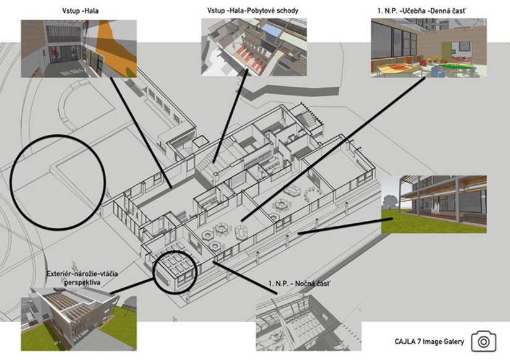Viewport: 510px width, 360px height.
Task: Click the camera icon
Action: tap(483, 341)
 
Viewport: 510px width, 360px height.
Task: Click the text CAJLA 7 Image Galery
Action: tap(430, 342)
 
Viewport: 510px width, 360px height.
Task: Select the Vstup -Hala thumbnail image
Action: tap(79, 49)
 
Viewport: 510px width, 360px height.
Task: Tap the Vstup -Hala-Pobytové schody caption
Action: tap(253, 11)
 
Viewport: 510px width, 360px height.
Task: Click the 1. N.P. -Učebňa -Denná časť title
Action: tap(421, 11)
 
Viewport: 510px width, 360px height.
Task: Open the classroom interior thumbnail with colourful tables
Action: tap(429, 48)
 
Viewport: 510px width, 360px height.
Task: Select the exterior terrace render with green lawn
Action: tap(434, 204)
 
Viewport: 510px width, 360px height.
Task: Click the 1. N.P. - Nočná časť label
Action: tap(299, 283)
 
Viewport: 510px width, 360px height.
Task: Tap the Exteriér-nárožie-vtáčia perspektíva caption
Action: tap(82, 278)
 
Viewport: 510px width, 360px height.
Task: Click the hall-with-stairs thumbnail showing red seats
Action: tap(254, 47)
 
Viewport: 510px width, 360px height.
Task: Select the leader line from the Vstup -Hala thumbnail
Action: tap(141, 133)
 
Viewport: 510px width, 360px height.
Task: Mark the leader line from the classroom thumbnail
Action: tap(334, 149)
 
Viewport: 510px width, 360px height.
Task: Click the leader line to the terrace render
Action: tap(345, 226)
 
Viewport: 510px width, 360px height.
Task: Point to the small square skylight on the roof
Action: tap(200, 141)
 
